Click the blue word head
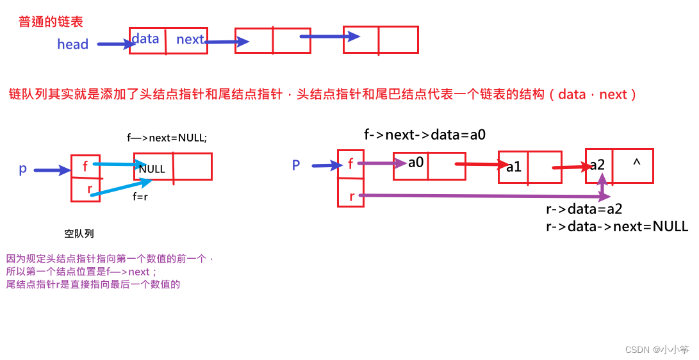[x=72, y=44]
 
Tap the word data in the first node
[x=145, y=39]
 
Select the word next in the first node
[x=190, y=40]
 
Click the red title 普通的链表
[x=51, y=22]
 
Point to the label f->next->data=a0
[x=424, y=135]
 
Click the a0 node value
[x=416, y=163]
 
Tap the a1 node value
[x=514, y=167]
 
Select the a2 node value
[x=597, y=165]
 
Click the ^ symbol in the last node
[x=636, y=163]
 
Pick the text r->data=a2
[x=584, y=209]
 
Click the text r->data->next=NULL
[x=617, y=226]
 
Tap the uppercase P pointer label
[x=296, y=165]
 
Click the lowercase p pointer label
[x=23, y=169]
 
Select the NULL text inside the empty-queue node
[x=152, y=169]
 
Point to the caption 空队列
[x=79, y=234]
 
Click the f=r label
[x=140, y=197]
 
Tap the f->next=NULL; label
[x=167, y=137]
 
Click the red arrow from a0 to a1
[x=481, y=164]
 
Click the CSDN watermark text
[x=657, y=350]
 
